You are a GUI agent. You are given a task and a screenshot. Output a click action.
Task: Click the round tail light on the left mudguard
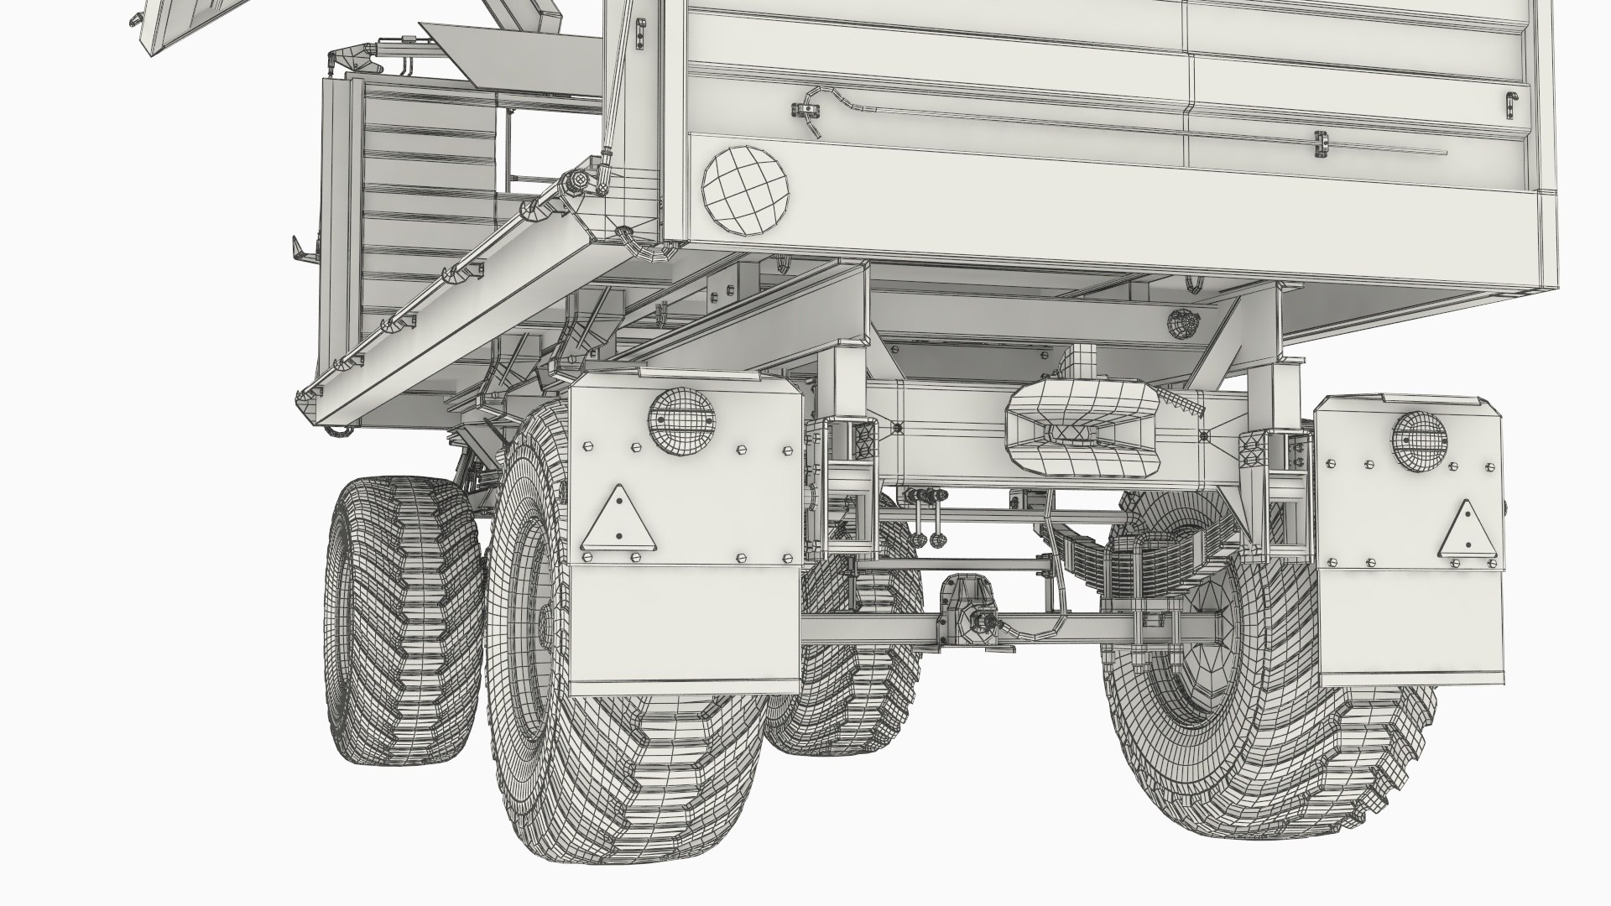click(x=680, y=422)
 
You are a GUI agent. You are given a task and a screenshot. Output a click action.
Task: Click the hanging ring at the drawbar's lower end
click(x=338, y=430)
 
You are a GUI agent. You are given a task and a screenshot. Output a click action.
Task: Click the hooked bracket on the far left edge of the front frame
click(x=299, y=249)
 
